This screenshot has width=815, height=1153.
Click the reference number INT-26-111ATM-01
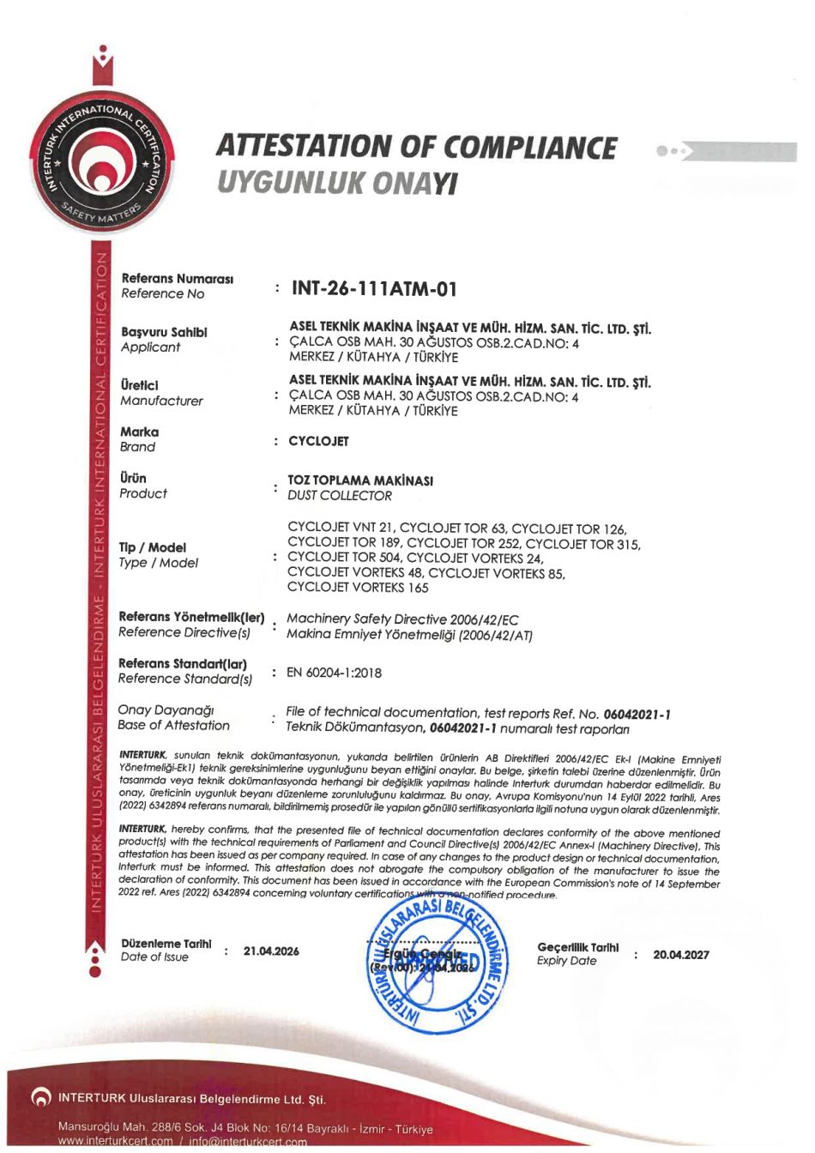(374, 289)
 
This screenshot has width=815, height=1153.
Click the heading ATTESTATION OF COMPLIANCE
(416, 147)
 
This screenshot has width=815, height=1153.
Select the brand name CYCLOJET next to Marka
(319, 441)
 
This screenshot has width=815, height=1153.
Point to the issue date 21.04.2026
(271, 951)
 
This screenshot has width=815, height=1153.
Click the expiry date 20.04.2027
(681, 954)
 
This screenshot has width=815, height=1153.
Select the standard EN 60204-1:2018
(334, 673)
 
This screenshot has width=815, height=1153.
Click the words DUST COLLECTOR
(340, 496)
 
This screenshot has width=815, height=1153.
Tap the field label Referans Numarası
(178, 279)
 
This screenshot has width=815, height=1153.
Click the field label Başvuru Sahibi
(164, 332)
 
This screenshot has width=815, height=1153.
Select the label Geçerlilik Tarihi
(577, 947)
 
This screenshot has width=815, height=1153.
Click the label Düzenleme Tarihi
(166, 944)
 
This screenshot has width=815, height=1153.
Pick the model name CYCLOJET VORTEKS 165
(358, 588)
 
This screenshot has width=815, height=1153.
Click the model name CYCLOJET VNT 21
(340, 528)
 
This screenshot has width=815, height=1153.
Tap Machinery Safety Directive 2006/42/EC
(402, 619)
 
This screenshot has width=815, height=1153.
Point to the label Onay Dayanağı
(166, 710)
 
